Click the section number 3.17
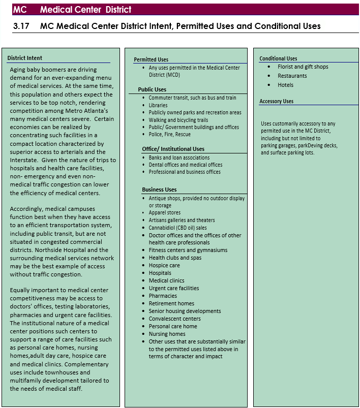[21, 26]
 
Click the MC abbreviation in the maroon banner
[20, 10]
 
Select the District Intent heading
[25, 58]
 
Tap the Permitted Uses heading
[151, 59]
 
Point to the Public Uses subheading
[152, 89]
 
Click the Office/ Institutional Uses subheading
[173, 149]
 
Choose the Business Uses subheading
[159, 190]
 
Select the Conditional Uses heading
[278, 58]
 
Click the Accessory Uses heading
[276, 101]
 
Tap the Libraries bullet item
[158, 105]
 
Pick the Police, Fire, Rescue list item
[169, 135]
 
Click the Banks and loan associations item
[179, 158]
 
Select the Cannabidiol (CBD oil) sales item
[177, 228]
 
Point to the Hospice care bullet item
[164, 265]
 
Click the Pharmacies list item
[163, 296]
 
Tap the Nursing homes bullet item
[167, 334]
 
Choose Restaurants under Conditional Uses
[292, 76]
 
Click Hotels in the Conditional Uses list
[285, 85]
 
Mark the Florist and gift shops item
[303, 67]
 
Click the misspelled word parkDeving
[311, 145]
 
